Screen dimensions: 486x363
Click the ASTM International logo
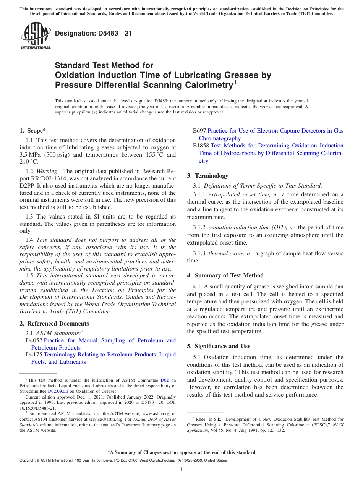[x=35, y=36]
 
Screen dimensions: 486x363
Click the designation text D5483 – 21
[x=94, y=34]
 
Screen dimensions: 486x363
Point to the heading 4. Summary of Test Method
[x=225, y=275]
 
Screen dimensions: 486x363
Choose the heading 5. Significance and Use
[x=219, y=346]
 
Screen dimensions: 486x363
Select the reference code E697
[x=199, y=131]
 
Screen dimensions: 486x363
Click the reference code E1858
[x=201, y=146]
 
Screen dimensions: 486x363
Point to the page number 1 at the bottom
[x=181, y=469]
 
